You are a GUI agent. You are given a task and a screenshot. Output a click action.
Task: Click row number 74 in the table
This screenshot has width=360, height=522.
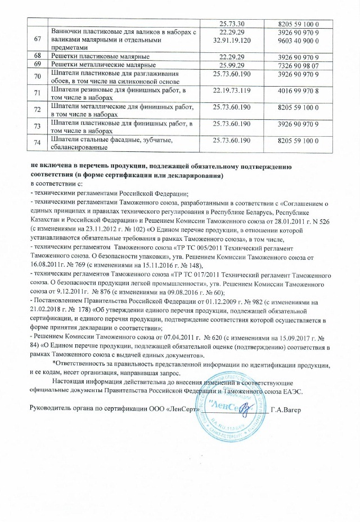coord(38,143)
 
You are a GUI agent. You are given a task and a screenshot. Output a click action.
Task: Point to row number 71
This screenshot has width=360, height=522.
coord(38,93)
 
